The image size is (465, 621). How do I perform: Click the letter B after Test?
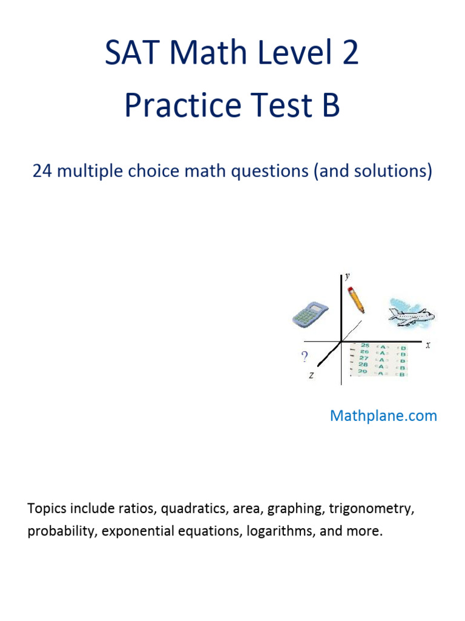click(x=330, y=106)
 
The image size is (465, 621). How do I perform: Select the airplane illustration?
click(x=411, y=314)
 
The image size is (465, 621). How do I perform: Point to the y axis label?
click(x=348, y=277)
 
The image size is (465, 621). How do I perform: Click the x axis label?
click(x=427, y=345)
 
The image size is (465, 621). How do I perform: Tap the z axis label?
click(x=311, y=375)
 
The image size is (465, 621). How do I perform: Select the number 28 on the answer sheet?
click(x=364, y=365)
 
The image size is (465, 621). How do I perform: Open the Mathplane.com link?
click(x=383, y=416)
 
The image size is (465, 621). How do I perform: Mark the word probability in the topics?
click(x=61, y=531)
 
